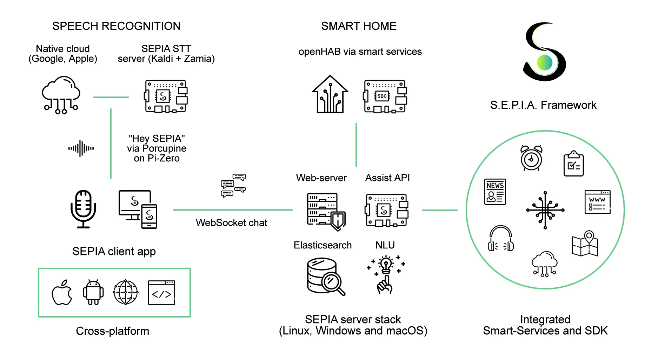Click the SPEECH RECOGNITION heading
point(116,26)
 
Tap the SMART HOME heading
point(359,26)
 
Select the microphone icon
point(83,209)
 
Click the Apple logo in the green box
point(62,293)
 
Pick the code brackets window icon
point(161,293)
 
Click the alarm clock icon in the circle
point(531,158)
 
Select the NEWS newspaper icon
point(495,192)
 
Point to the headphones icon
point(501,239)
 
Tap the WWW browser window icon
point(597,202)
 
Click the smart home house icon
point(330,94)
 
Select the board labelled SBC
point(385,96)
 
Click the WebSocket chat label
point(231,223)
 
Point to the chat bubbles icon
point(233,185)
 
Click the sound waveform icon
point(81,148)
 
